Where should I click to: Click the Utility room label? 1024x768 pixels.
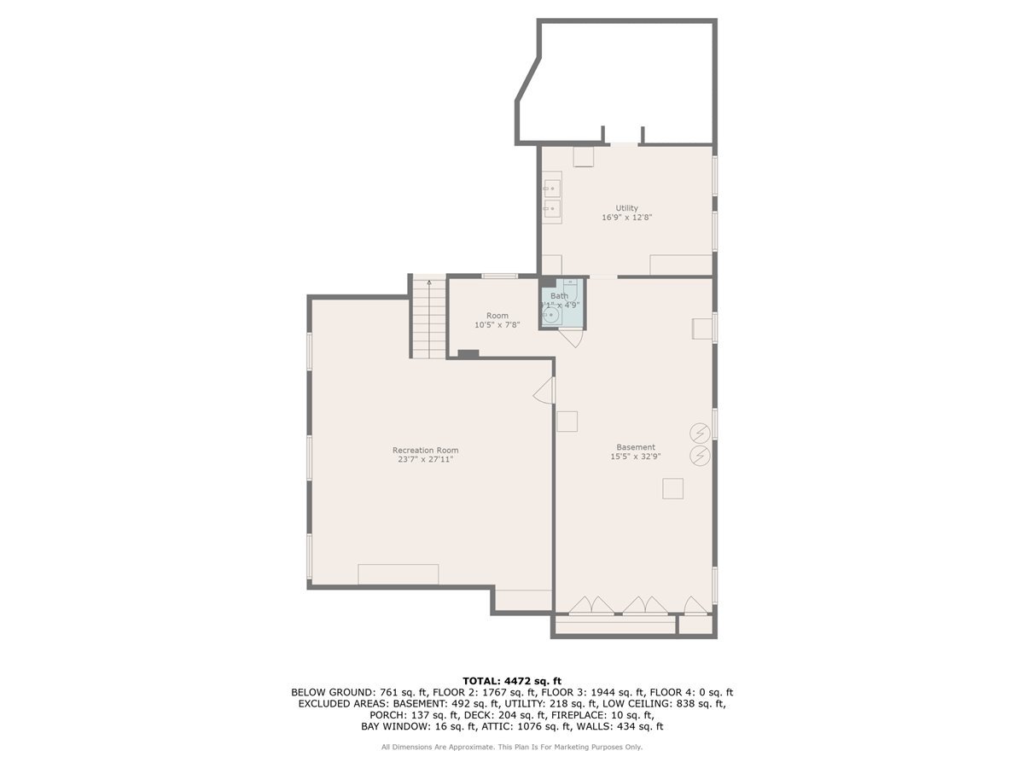coord(627,207)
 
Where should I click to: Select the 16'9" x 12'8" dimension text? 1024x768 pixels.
coord(627,218)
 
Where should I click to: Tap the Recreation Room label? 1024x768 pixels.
coord(425,450)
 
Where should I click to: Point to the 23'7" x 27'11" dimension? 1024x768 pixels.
coord(425,460)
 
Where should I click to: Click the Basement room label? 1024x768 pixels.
coord(636,446)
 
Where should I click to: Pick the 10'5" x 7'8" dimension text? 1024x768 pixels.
coord(497,325)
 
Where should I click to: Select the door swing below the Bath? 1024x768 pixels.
coord(570,337)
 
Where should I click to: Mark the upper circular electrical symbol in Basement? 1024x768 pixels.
coord(701,432)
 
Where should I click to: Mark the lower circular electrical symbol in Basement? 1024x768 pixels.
coord(701,456)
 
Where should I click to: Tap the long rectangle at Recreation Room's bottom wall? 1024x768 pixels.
coord(399,573)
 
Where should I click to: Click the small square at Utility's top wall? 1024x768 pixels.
coord(583,157)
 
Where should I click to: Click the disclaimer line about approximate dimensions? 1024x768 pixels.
coord(512,747)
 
